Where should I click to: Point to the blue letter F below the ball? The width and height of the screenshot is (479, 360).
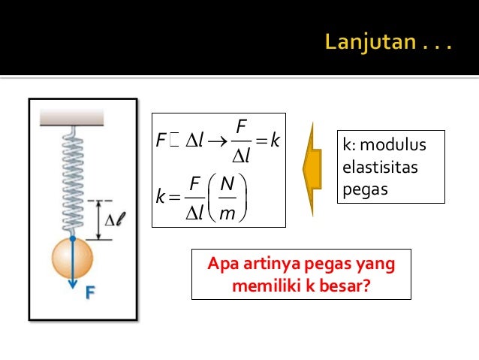coord(89,292)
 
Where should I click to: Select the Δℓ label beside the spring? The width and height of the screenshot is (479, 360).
coord(113,220)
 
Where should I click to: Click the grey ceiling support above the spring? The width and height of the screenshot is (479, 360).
coord(72,117)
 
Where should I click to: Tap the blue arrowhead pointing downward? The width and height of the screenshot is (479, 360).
coord(72,284)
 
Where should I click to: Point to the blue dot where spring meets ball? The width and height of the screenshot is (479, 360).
coord(72,238)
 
